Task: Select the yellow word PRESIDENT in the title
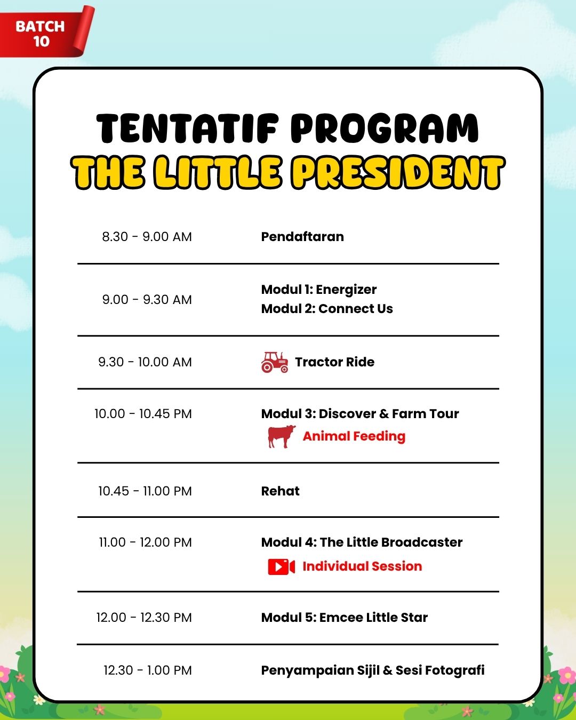(398, 173)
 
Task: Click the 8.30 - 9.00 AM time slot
(147, 237)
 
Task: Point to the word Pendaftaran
(302, 237)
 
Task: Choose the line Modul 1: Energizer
(319, 290)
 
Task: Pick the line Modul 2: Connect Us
(327, 309)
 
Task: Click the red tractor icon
(275, 362)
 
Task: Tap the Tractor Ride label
(335, 362)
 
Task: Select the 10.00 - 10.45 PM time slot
(143, 414)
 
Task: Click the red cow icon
(282, 436)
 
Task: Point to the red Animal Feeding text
(354, 436)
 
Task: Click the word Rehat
(281, 491)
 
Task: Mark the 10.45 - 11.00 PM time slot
(145, 491)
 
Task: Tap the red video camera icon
(282, 567)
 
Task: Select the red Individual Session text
(363, 566)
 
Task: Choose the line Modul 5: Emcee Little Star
(345, 618)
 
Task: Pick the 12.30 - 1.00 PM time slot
(148, 670)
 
